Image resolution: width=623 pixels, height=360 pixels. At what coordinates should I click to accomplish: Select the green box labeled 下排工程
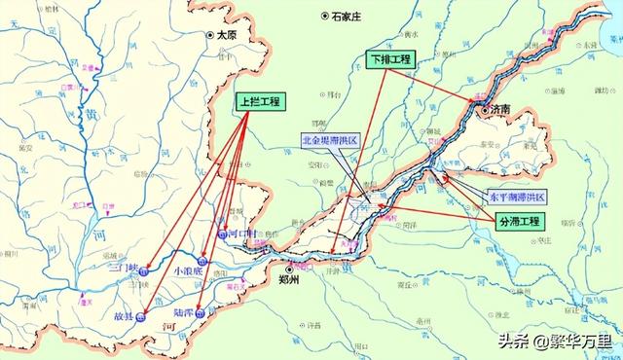click(390, 59)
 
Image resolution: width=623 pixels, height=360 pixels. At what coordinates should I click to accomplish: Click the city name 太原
click(227, 34)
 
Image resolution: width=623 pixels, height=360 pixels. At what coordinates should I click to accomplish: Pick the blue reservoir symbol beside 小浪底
click(202, 261)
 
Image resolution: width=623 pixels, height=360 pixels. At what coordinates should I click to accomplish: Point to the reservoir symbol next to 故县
click(142, 315)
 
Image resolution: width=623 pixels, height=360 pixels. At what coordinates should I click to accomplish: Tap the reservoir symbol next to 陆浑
click(200, 314)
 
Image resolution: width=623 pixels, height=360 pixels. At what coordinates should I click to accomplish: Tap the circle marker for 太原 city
click(209, 35)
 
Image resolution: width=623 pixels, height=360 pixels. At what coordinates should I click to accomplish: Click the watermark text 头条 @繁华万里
click(555, 341)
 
